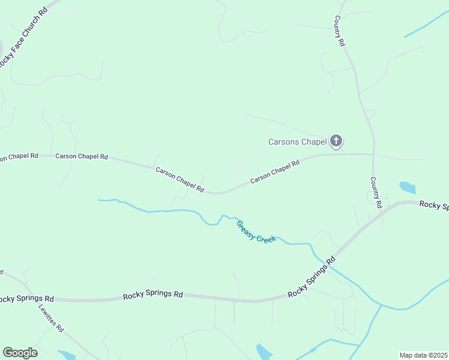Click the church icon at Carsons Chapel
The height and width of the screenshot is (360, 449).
pos(336,142)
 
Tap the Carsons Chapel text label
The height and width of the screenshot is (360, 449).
pos(297,142)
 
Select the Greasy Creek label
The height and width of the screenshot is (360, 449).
pos(256,232)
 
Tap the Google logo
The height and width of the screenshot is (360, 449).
pos(20,353)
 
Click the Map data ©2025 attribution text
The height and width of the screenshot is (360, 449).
pos(423,355)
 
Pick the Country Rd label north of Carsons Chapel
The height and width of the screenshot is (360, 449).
pos(340,32)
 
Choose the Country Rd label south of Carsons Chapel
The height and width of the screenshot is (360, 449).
pos(376,192)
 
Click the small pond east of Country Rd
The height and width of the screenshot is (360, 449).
pos(407,187)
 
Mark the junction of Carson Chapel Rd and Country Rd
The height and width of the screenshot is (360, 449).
pos(373,155)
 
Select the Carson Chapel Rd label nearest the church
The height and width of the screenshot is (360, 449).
pos(274,171)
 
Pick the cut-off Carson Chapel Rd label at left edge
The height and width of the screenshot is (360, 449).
pos(19,157)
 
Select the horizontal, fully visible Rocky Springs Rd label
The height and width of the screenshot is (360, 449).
pos(152,295)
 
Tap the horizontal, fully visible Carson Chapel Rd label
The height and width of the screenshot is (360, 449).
pos(82,157)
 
